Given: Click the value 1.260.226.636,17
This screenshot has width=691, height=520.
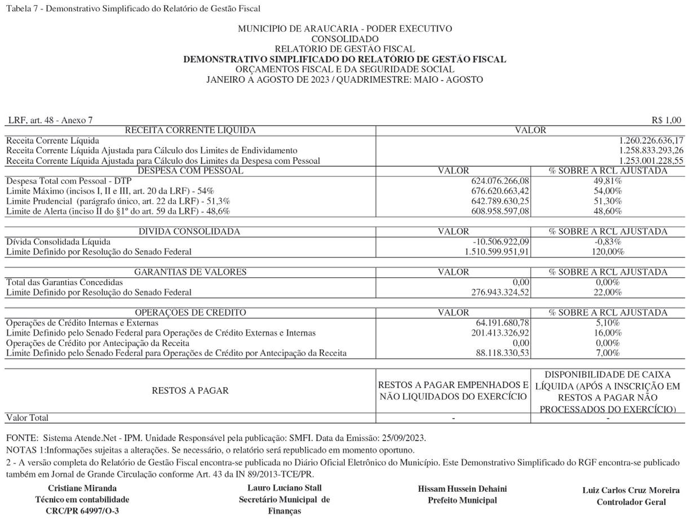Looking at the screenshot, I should pyautogui.click(x=651, y=140).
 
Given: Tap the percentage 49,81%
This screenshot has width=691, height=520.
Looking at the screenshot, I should pyautogui.click(x=608, y=181).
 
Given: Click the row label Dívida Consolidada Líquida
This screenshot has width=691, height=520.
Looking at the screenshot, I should pyautogui.click(x=58, y=242).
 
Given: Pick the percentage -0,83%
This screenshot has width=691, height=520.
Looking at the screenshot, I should pyautogui.click(x=608, y=242).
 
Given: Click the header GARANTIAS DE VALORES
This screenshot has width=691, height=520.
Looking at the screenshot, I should pyautogui.click(x=190, y=272).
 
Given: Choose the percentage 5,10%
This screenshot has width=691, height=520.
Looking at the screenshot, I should pyautogui.click(x=608, y=323).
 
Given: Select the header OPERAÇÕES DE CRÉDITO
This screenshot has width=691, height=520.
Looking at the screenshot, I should pyautogui.click(x=190, y=313).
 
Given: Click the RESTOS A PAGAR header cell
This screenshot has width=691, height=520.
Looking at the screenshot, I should pyautogui.click(x=190, y=390).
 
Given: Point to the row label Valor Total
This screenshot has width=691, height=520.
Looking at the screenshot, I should pyautogui.click(x=27, y=418).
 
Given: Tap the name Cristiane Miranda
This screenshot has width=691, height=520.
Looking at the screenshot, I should pyautogui.click(x=82, y=488).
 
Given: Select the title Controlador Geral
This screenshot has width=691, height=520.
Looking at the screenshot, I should pyautogui.click(x=631, y=502).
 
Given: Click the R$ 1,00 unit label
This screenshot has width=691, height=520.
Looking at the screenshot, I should pyautogui.click(x=666, y=120).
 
